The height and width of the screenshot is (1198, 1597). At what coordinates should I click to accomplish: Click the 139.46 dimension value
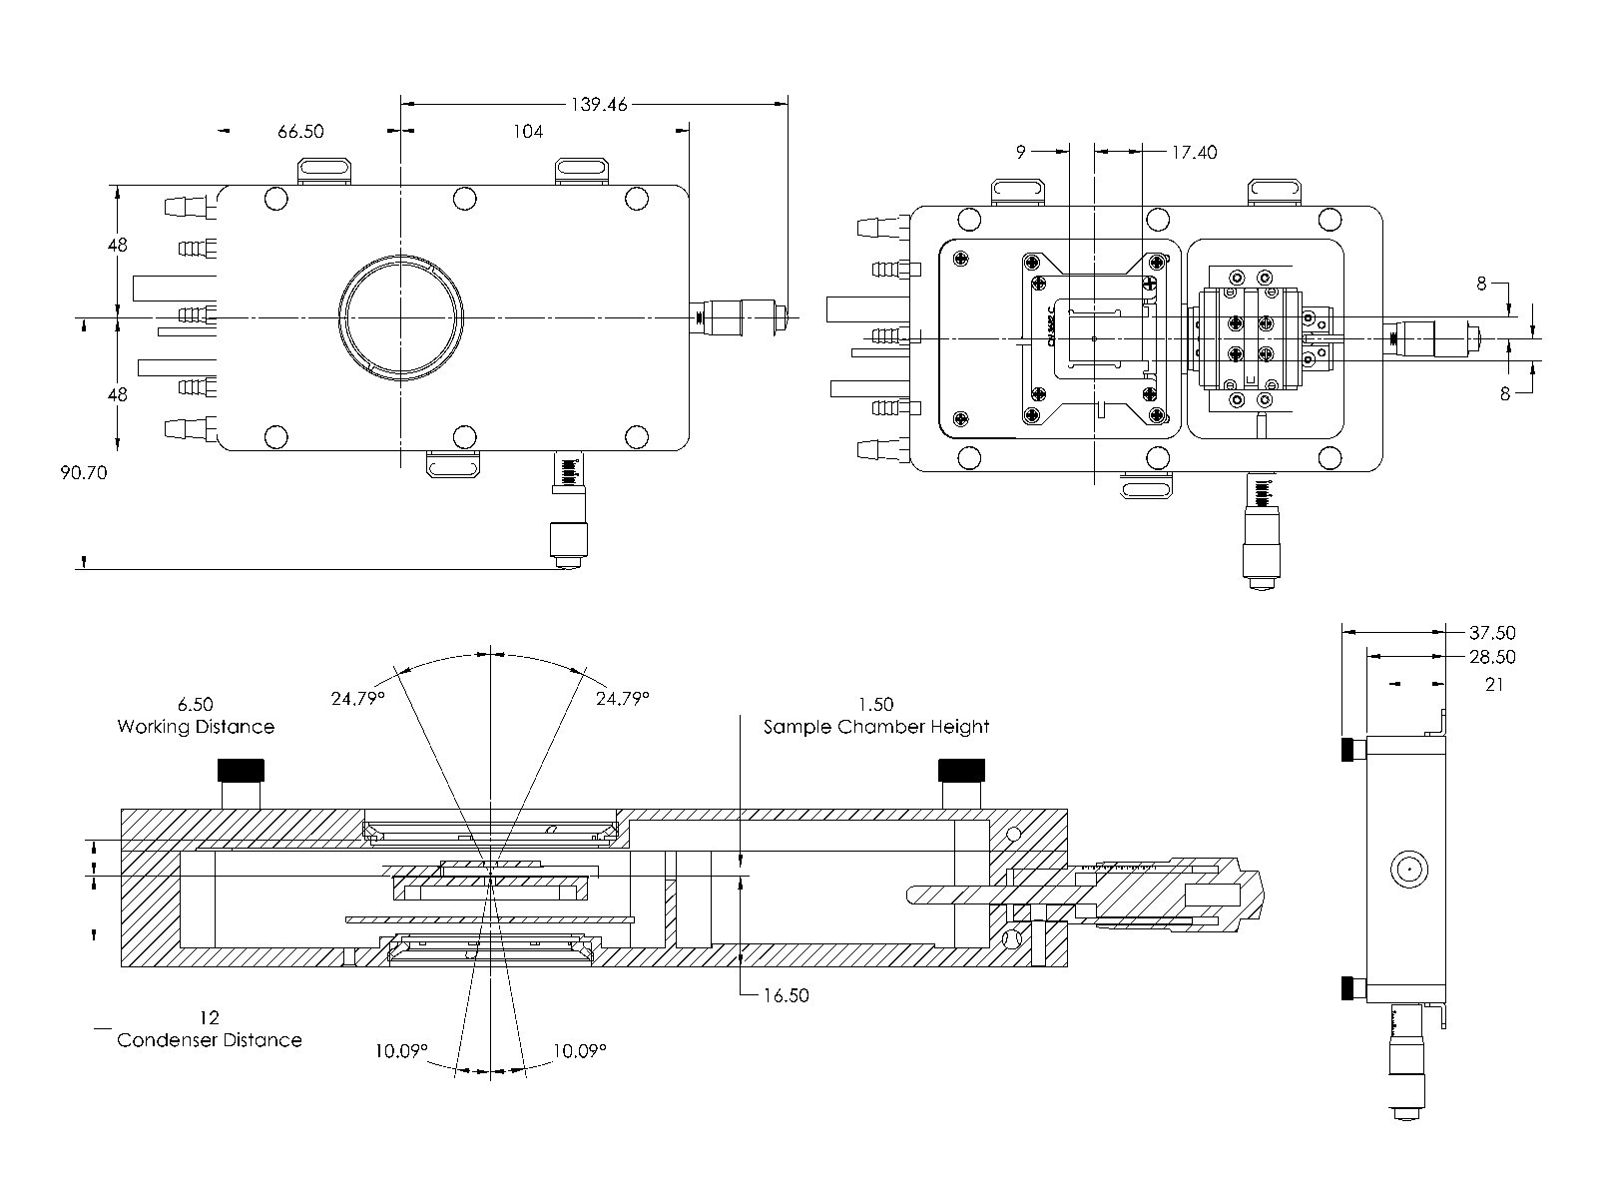(x=599, y=103)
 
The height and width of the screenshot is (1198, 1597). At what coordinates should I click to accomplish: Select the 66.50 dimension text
(x=300, y=131)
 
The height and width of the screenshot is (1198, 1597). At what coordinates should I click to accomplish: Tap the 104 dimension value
(x=528, y=131)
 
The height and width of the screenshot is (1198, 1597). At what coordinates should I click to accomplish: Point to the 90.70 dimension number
(x=82, y=472)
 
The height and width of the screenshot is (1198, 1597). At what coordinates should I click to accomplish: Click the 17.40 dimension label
(x=1194, y=152)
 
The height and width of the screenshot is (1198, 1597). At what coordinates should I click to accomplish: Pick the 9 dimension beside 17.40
(x=1020, y=152)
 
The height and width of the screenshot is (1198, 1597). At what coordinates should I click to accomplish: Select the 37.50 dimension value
(x=1492, y=632)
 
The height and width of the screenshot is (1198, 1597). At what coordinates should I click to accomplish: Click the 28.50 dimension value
(x=1492, y=656)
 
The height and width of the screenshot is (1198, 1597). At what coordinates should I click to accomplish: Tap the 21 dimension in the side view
(x=1493, y=684)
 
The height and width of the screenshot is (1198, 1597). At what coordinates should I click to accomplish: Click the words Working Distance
(x=196, y=726)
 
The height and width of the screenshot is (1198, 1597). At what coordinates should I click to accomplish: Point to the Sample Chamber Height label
(x=876, y=727)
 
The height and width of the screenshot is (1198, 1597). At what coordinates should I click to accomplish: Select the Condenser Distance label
(x=210, y=1039)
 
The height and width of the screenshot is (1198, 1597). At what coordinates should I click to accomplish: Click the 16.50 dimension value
(x=786, y=994)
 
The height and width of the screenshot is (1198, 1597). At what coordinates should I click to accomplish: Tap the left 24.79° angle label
(x=358, y=698)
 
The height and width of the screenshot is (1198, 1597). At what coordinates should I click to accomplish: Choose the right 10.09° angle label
(x=579, y=1050)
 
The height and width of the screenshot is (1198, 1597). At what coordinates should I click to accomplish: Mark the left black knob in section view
(x=241, y=771)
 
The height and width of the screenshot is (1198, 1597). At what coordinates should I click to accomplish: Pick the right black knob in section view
(x=961, y=771)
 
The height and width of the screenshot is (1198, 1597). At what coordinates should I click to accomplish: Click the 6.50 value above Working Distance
(x=195, y=704)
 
